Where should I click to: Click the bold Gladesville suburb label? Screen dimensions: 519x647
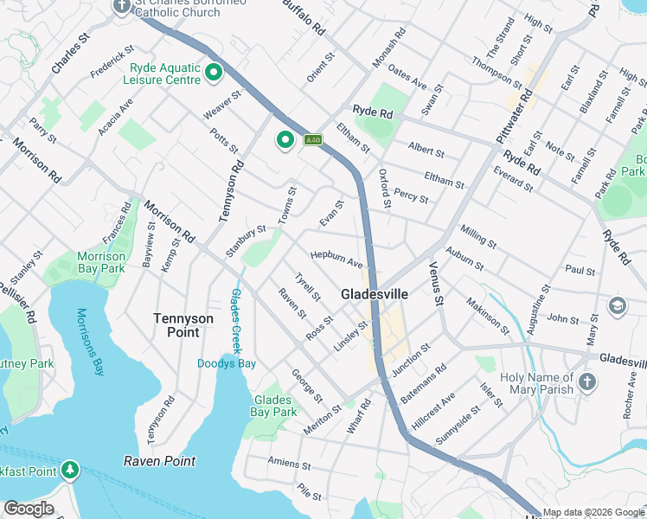[375, 293]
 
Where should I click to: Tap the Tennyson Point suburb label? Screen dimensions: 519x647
[183, 325]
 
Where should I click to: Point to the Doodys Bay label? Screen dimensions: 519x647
[226, 363]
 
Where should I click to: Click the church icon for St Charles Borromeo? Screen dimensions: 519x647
[121, 6]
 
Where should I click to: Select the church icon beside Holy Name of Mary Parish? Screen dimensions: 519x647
[587, 382]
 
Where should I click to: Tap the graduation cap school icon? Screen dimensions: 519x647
[618, 305]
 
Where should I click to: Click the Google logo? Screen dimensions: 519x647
[28, 509]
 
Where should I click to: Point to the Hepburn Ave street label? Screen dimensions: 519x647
[336, 258]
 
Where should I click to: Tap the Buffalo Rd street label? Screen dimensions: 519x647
[307, 16]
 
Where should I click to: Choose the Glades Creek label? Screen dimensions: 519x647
[234, 314]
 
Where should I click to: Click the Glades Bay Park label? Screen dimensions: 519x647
[274, 406]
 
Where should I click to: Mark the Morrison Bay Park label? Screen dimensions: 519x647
[100, 262]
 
